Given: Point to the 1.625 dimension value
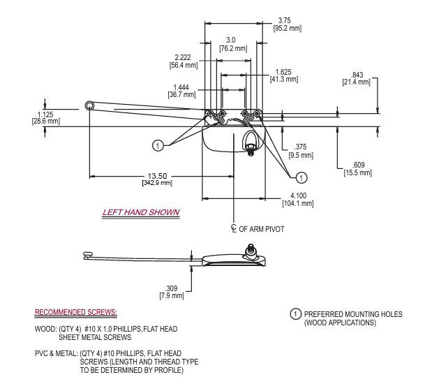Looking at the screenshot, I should (283, 72).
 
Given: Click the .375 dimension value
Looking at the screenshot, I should (300, 146).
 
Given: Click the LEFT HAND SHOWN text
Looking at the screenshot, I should (141, 212).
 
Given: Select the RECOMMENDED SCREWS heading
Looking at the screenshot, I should (76, 311).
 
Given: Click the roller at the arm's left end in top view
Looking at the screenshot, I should (90, 105).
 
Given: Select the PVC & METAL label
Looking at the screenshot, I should (55, 353).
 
